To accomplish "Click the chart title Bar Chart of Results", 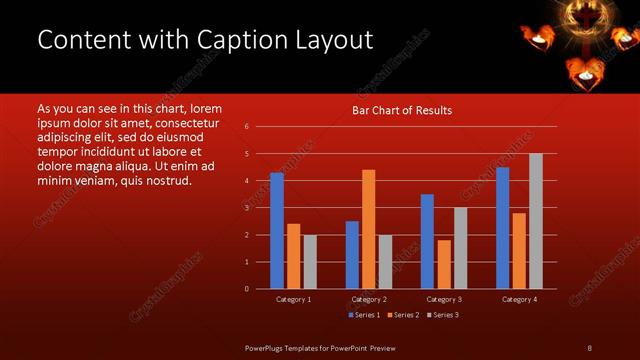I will [x=402, y=110].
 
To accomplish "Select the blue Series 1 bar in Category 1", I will [x=276, y=231].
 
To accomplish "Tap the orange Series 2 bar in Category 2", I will [x=368, y=229].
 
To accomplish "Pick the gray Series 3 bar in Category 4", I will [x=536, y=221].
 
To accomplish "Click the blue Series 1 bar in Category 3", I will [x=427, y=241].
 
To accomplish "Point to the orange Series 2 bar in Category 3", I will [x=444, y=264].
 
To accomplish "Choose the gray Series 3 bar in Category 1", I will [x=310, y=262].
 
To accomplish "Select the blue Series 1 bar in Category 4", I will [x=502, y=228].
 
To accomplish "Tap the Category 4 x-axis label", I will [x=519, y=299].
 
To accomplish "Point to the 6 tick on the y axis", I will [x=246, y=127].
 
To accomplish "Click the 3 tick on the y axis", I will [x=246, y=208].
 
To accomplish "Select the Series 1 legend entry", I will [x=363, y=315].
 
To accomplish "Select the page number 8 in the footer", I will [x=589, y=347].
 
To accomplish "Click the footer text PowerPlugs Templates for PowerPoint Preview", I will [x=320, y=347].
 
